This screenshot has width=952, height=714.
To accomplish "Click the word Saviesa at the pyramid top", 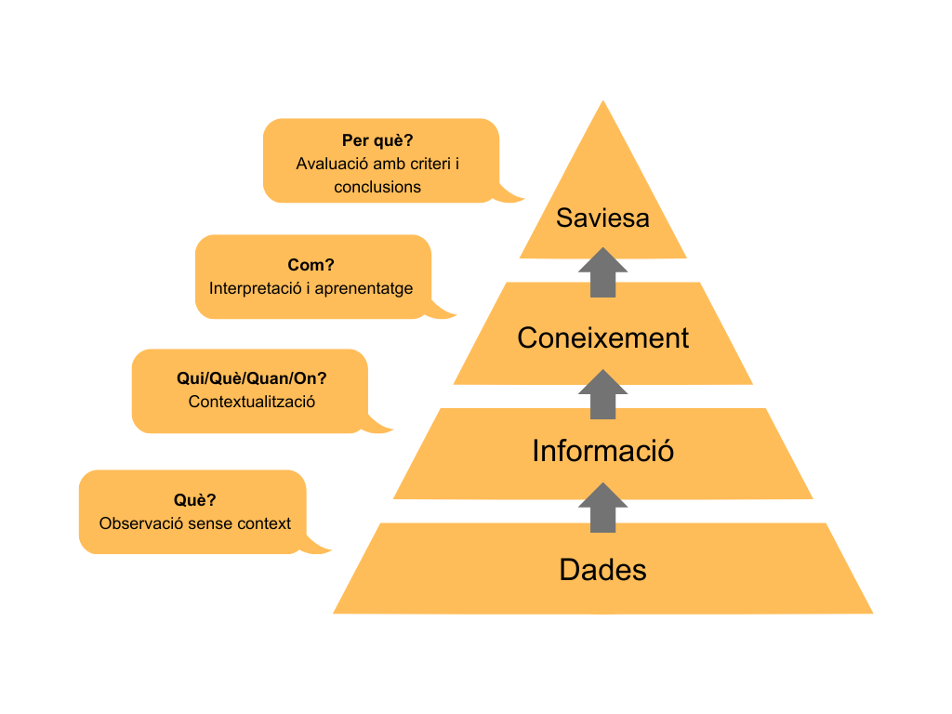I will click(602, 218).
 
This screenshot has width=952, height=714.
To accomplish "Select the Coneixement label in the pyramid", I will click(602, 337).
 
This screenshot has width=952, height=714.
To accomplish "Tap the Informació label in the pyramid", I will click(602, 451).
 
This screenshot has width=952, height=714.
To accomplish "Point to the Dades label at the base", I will click(602, 569).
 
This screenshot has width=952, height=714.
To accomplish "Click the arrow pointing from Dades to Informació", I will click(602, 508).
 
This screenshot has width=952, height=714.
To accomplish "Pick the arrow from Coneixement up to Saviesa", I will click(602, 272).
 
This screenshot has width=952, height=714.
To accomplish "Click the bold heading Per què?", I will click(377, 141).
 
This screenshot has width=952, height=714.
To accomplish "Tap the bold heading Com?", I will click(311, 265).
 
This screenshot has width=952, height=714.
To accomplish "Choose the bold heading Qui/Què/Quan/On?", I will click(251, 379).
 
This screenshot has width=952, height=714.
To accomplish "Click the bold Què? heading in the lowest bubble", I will click(194, 500).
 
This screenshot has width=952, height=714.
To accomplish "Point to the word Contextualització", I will click(251, 403).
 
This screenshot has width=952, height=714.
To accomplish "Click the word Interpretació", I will click(255, 288).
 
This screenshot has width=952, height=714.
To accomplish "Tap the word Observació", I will click(141, 523).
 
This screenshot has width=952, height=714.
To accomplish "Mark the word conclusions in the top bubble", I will click(377, 187).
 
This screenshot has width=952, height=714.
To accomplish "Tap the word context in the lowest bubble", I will click(264, 523).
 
